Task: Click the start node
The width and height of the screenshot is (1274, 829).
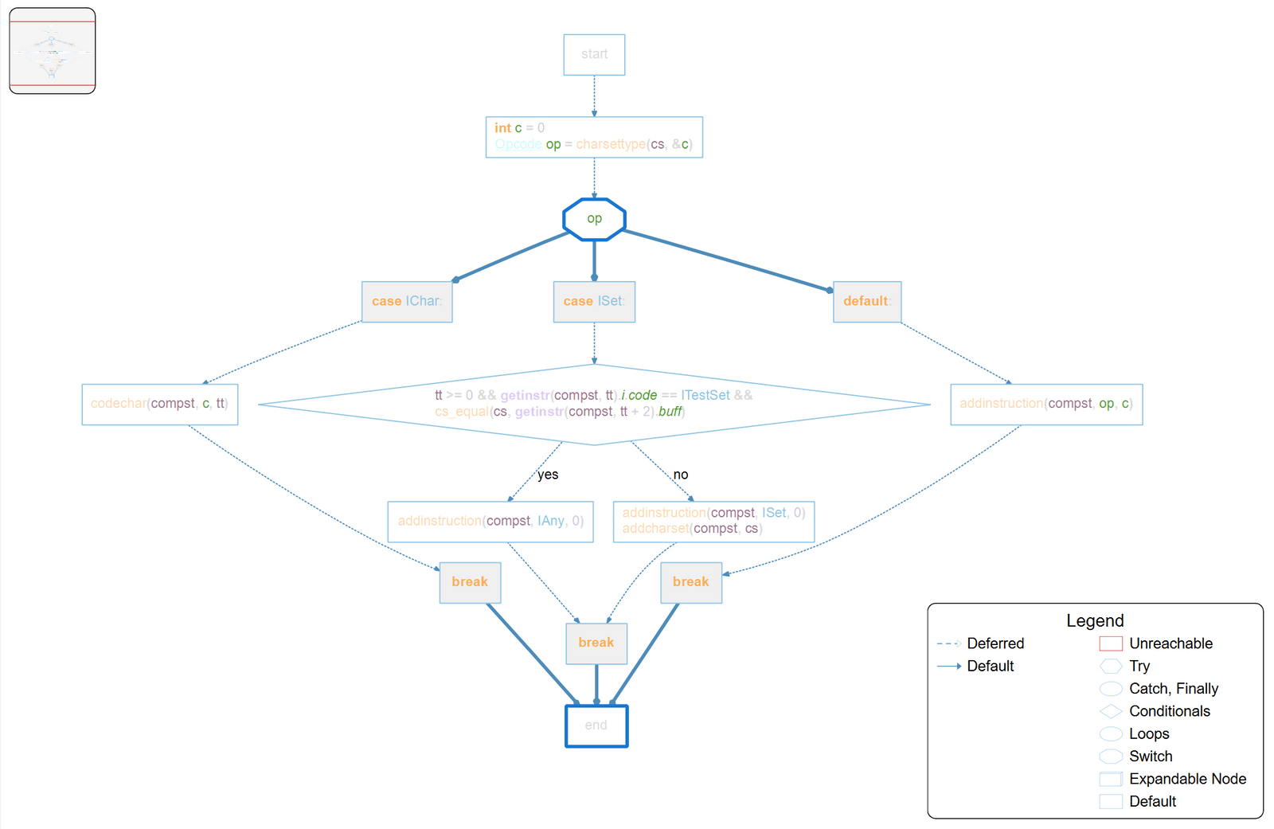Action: tap(594, 54)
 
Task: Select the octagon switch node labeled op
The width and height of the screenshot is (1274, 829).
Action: tap(594, 219)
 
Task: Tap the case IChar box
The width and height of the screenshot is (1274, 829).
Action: tap(407, 301)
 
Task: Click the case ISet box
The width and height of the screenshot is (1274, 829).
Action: tap(594, 301)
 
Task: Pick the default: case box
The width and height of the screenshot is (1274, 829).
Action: tap(867, 301)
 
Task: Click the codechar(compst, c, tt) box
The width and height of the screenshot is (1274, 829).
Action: tap(159, 404)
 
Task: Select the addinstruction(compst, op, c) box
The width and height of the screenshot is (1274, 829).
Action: tap(1046, 404)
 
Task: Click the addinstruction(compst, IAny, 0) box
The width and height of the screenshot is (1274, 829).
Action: tap(490, 521)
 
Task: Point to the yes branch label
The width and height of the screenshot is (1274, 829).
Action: tap(548, 475)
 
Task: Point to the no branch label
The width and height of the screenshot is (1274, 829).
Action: tap(681, 475)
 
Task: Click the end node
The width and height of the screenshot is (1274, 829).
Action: tap(596, 725)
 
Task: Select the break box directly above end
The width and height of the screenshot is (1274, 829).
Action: tap(596, 643)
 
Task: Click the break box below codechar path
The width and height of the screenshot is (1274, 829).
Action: tap(470, 582)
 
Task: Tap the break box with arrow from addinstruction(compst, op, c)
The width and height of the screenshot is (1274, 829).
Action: tap(691, 582)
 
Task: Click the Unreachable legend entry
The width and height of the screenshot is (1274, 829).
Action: tap(1170, 643)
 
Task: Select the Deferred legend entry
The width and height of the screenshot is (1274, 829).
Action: tap(995, 643)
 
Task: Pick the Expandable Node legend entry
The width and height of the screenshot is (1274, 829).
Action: tap(1187, 779)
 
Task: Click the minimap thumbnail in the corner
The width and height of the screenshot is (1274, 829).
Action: tap(53, 51)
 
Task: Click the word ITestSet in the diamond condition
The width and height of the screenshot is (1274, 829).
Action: tap(705, 395)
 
